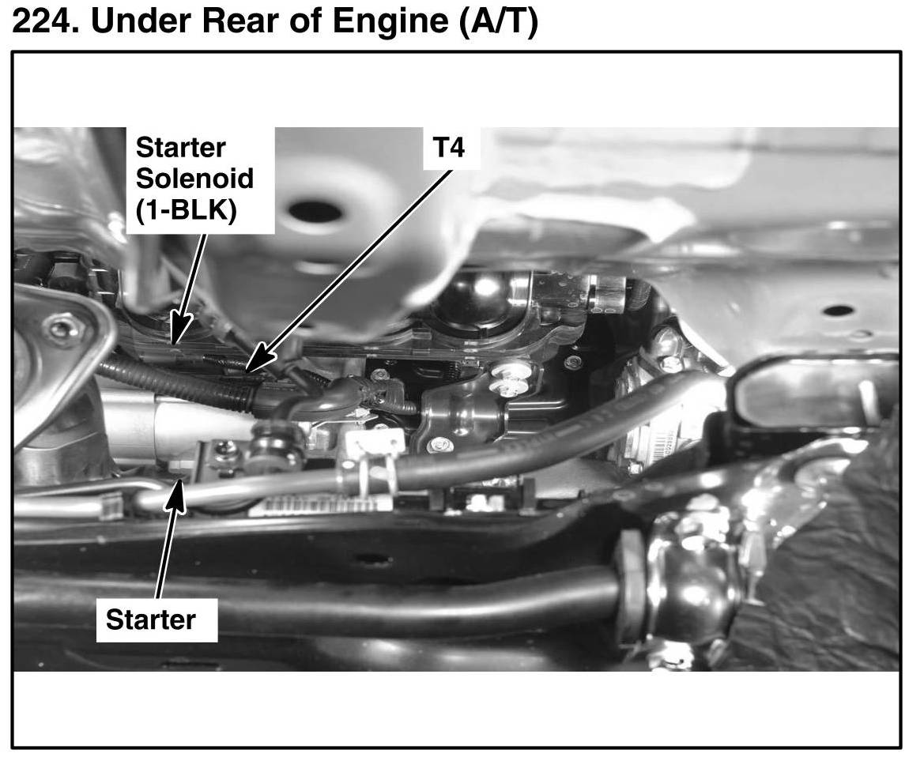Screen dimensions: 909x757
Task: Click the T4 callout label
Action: click(449, 147)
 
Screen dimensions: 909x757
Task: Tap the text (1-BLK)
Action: click(186, 212)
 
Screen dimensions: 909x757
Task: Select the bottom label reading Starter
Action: click(150, 619)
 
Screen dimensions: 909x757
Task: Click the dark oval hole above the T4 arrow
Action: click(315, 211)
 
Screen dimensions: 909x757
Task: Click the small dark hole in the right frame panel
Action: click(838, 311)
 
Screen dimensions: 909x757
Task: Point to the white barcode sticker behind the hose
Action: click(308, 506)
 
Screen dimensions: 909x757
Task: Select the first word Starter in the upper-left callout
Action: click(181, 147)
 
